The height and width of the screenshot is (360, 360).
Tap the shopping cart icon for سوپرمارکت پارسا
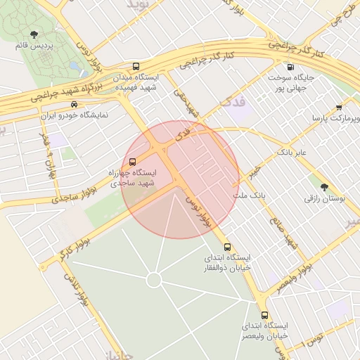(x=339, y=108)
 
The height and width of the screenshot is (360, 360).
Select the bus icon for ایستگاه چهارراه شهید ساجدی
(x=133, y=162)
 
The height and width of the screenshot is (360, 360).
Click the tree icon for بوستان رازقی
(x=324, y=187)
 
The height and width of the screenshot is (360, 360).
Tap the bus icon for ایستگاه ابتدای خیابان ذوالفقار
(x=226, y=247)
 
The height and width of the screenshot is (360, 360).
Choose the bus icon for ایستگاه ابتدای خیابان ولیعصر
(x=264, y=315)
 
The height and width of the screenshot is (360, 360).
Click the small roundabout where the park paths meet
(x=154, y=280)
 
